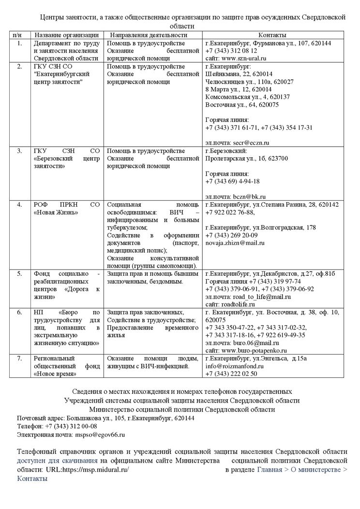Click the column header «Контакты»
pyautogui.click(x=272, y=35)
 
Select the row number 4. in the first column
pyautogui.click(x=20, y=204)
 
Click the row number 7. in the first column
pyautogui.click(x=20, y=358)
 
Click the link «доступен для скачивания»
pyautogui.click(x=58, y=461)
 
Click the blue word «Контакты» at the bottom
pyautogui.click(x=32, y=478)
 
